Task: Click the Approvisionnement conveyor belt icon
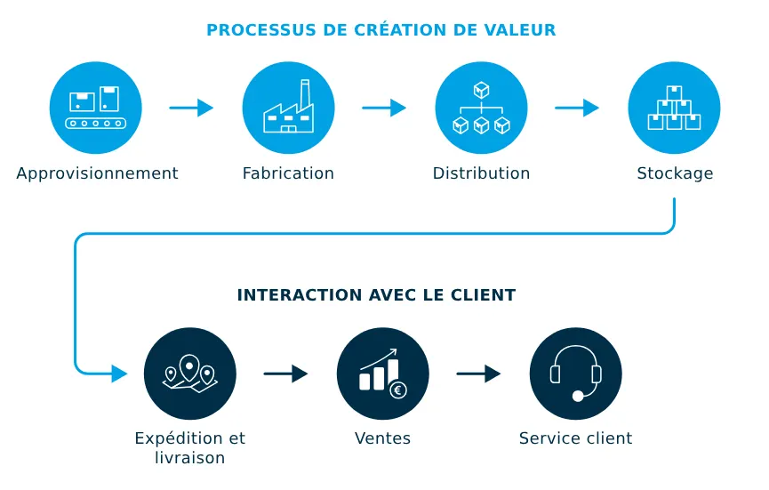pos(96,108)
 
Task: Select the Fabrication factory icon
pos(288,108)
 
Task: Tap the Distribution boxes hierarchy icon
pos(481,108)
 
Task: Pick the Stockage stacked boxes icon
pos(674,108)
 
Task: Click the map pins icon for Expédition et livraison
pos(189,374)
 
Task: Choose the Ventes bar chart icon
pos(382,374)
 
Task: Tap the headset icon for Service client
pos(575,374)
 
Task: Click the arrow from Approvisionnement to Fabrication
pos(191,108)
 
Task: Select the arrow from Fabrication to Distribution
pos(384,108)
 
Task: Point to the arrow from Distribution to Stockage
pos(577,108)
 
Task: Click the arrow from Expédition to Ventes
pos(285,374)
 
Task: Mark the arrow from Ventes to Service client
pos(478,374)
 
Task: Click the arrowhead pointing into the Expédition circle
pos(119,374)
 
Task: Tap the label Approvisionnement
pos(97,173)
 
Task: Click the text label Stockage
pos(675,173)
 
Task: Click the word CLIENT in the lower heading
pos(485,295)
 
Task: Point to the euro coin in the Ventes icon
pos(397,389)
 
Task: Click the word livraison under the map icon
pos(189,459)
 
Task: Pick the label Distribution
pos(481,173)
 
